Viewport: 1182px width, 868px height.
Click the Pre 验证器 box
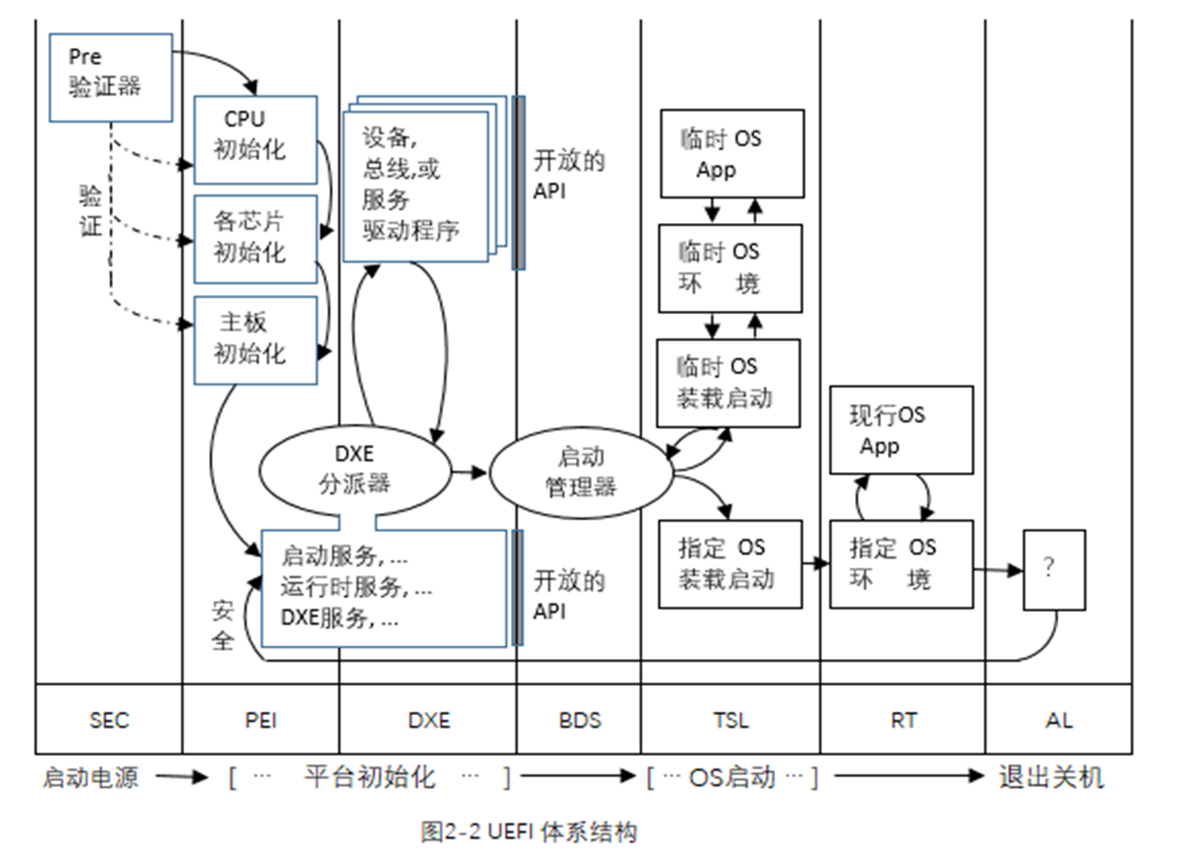pos(110,77)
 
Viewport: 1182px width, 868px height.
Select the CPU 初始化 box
pos(255,140)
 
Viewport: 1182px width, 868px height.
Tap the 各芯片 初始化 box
pos(255,239)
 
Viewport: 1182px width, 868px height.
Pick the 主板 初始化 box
pos(255,340)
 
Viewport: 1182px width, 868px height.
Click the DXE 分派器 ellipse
pos(355,471)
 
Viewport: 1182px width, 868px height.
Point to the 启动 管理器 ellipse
pos(581,473)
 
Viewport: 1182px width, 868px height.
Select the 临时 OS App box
pos(731,154)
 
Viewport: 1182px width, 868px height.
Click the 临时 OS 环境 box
pos(729,268)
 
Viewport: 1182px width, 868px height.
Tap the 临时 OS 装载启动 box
pos(728,383)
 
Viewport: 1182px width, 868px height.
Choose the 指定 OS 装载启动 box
pos(729,564)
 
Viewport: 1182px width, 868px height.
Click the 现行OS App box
pos(901,431)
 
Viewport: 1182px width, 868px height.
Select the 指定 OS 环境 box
pos(901,564)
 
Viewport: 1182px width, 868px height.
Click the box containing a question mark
pos(1054,570)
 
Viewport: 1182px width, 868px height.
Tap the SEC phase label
pos(109,720)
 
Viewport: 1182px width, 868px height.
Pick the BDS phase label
pos(579,720)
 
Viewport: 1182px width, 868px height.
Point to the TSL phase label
pos(731,720)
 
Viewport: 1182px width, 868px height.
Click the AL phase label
pos(1059,720)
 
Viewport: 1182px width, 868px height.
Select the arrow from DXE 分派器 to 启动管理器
pos(469,472)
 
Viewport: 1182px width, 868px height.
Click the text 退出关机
pos(1051,777)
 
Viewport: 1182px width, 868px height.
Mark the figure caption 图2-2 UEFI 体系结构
pos(529,832)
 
